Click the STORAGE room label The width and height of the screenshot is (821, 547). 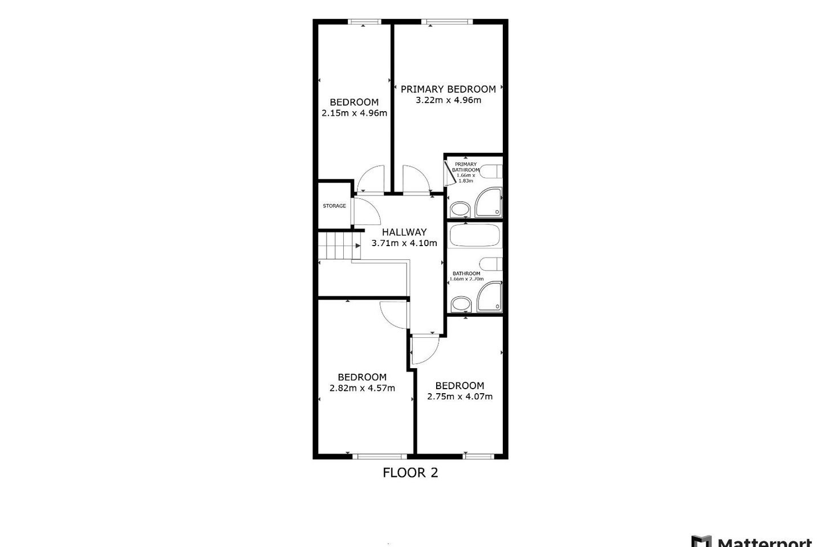pyautogui.click(x=334, y=206)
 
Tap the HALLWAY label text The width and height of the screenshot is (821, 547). pyautogui.click(x=404, y=232)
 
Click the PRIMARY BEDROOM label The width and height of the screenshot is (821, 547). pyautogui.click(x=448, y=89)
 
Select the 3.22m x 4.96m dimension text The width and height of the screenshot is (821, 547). pyautogui.click(x=448, y=100)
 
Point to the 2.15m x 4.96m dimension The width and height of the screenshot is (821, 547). pyautogui.click(x=354, y=113)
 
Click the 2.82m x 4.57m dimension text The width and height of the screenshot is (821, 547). pyautogui.click(x=362, y=388)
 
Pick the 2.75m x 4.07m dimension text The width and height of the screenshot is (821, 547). pyautogui.click(x=460, y=397)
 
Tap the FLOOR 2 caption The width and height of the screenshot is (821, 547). pyautogui.click(x=410, y=472)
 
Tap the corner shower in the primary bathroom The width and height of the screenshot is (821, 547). pyautogui.click(x=489, y=204)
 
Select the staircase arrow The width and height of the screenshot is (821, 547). pyautogui.click(x=356, y=246)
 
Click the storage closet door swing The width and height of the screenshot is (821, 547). pyautogui.click(x=366, y=212)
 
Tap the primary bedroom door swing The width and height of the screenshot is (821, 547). pyautogui.click(x=415, y=179)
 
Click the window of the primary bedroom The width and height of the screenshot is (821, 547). pyautogui.click(x=448, y=22)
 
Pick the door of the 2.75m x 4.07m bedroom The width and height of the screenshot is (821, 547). pyautogui.click(x=424, y=349)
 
